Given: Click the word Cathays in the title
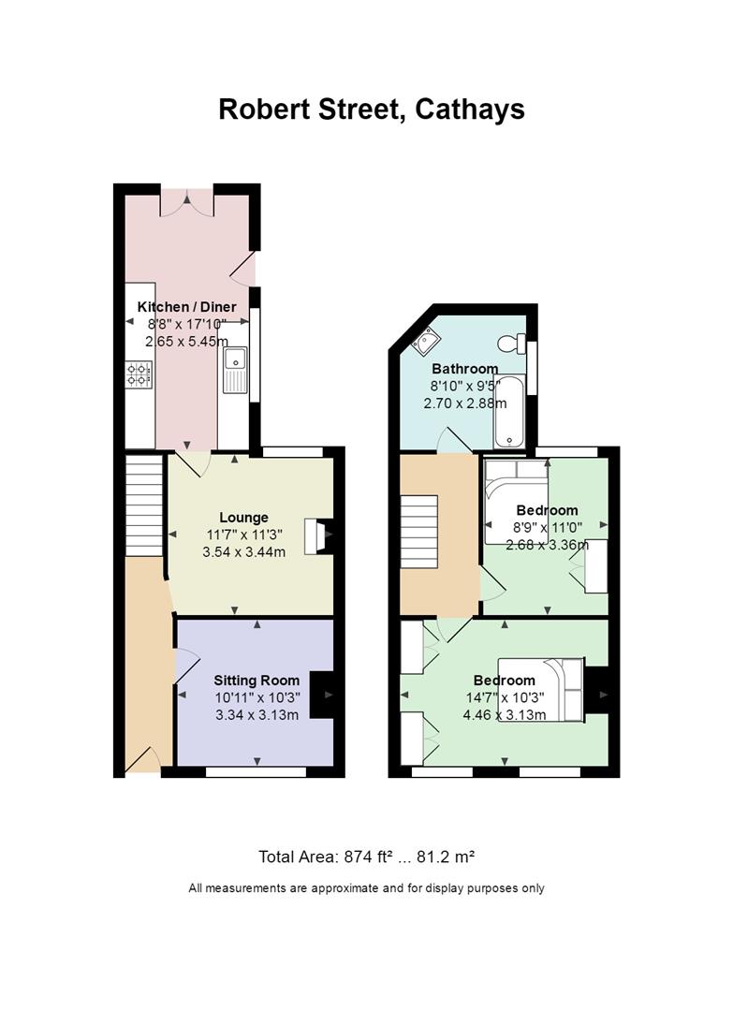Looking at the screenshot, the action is (x=469, y=110).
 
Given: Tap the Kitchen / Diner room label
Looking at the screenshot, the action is (x=187, y=307).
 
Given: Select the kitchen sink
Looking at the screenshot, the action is (x=235, y=370).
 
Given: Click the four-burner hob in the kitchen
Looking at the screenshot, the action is (x=139, y=374).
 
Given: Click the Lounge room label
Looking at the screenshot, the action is (x=243, y=517).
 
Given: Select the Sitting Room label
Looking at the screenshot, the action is (x=257, y=681).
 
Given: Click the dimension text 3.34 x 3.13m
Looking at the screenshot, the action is (x=257, y=715).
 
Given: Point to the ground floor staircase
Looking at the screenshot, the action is (x=143, y=505).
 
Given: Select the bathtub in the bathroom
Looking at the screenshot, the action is (x=510, y=411).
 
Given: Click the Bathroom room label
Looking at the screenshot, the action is (x=465, y=369).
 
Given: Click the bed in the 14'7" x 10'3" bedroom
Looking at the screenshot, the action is (x=541, y=689).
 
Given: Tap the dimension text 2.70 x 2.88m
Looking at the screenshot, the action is (x=465, y=403).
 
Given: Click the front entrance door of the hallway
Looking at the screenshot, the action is (x=143, y=760).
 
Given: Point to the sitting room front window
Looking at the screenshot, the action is (x=256, y=771).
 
